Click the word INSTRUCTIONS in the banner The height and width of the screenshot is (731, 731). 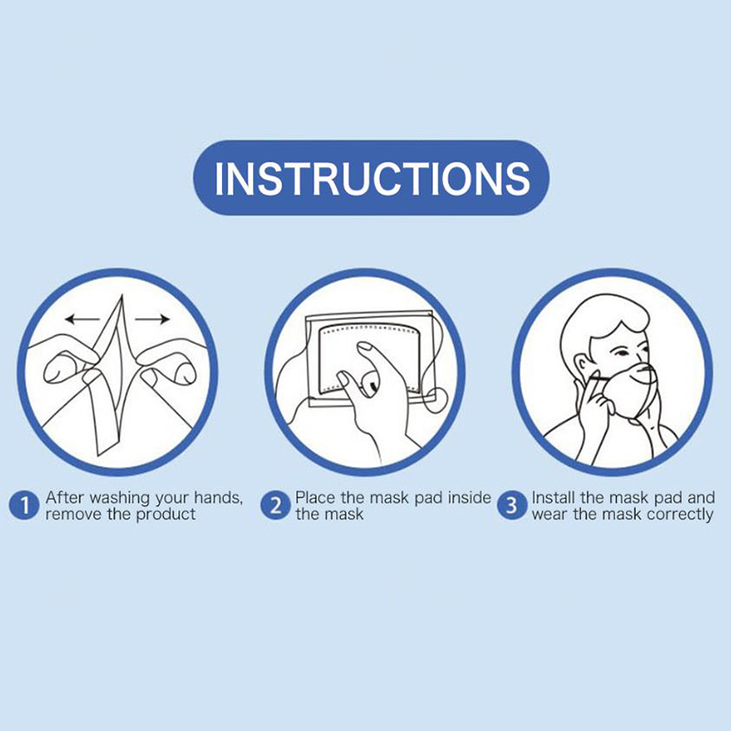372,177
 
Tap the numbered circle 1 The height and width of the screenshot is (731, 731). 24,506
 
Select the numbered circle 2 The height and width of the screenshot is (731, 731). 276,506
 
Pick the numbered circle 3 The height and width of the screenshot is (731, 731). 512,506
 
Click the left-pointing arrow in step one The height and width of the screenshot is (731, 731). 82,319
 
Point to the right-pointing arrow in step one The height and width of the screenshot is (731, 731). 152,319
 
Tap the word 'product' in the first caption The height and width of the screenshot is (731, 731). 165,515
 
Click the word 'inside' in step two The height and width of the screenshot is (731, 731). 470,497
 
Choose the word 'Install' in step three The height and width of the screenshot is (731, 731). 554,497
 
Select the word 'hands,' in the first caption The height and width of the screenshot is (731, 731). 218,498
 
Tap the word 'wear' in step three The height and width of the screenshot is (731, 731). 550,515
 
